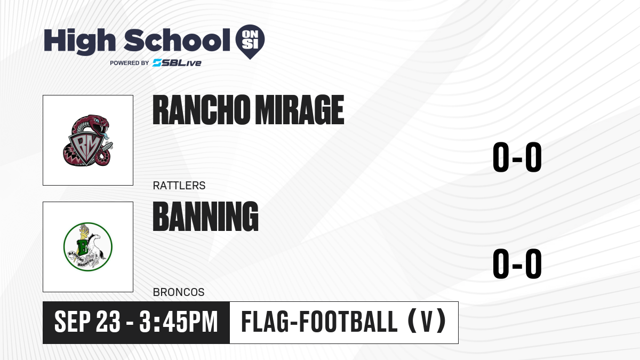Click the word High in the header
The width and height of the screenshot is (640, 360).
[x=79, y=41]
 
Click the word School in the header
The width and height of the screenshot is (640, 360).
[x=177, y=40]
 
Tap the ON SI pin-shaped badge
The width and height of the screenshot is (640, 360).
[x=250, y=42]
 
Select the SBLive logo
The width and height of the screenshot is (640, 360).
[x=177, y=63]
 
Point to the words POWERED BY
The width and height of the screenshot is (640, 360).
[x=130, y=63]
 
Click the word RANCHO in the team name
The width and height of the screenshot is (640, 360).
[x=201, y=110]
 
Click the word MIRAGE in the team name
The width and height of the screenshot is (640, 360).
[x=299, y=110]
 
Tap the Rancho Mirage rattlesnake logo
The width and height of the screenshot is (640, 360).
[x=88, y=140]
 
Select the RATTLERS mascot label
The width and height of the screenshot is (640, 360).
[x=179, y=186]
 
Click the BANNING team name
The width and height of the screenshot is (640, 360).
[x=206, y=217]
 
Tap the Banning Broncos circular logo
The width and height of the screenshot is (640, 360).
[x=88, y=247]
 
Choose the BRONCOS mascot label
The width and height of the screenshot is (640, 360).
[x=179, y=292]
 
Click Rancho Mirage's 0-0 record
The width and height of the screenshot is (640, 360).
[x=517, y=157]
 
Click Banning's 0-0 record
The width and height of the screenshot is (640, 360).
[x=517, y=263]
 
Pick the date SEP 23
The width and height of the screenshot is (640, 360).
[x=87, y=322]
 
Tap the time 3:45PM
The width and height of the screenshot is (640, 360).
[x=179, y=322]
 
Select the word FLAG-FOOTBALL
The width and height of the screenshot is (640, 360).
[x=319, y=322]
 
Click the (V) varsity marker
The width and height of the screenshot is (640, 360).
[x=427, y=322]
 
